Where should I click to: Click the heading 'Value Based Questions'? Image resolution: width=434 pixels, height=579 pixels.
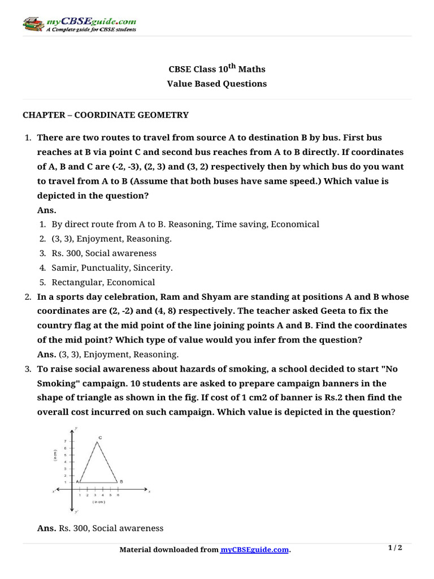click(217, 84)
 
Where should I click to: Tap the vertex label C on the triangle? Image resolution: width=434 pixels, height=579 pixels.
click(100, 438)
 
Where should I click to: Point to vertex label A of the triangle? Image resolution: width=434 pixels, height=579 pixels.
click(77, 481)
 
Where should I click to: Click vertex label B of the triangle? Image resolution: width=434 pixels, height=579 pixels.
click(121, 481)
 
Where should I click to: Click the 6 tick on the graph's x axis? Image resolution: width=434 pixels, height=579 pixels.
click(118, 495)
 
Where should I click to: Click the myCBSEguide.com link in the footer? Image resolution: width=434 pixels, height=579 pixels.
click(254, 550)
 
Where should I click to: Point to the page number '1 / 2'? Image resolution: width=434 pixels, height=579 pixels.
click(394, 548)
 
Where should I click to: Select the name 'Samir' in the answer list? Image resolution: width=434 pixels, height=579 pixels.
click(64, 267)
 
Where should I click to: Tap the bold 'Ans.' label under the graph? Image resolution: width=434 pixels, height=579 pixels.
click(47, 528)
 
